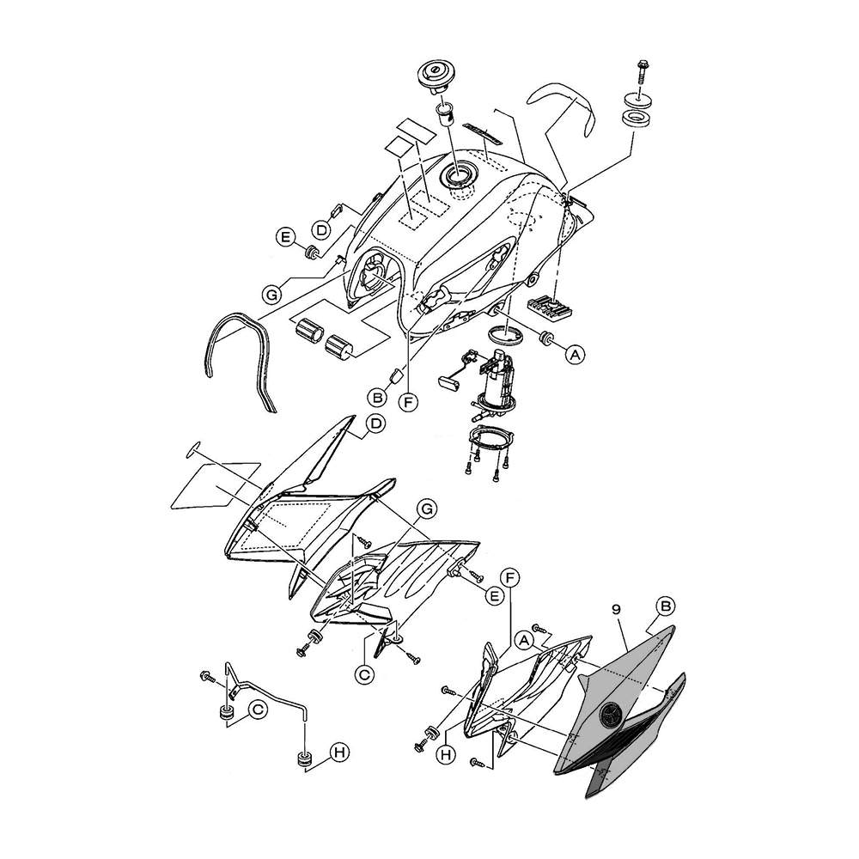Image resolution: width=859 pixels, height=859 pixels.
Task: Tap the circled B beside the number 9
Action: pos(667,605)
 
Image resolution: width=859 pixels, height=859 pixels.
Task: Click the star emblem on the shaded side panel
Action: pos(612,714)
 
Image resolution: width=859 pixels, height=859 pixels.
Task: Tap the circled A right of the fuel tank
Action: pos(575,351)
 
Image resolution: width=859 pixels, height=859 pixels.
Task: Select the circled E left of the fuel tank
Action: pos(285,235)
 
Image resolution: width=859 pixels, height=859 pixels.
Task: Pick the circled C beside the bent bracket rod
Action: pos(257,710)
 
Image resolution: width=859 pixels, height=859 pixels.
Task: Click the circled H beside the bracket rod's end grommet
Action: pos(339,753)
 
